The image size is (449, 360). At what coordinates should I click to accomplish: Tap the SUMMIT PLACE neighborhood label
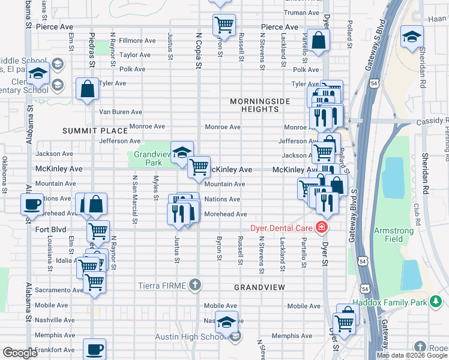[95, 130]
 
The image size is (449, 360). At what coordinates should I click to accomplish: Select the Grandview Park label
[148, 158]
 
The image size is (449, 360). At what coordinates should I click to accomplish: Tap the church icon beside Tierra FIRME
[194, 284]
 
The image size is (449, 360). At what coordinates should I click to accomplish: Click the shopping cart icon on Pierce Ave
[223, 25]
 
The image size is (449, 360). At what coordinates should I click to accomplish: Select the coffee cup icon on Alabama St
[31, 204]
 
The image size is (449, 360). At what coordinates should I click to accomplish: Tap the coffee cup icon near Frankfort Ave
[94, 349]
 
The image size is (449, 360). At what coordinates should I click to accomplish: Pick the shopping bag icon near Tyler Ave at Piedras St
[87, 89]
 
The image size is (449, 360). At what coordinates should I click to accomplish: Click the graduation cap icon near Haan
[412, 37]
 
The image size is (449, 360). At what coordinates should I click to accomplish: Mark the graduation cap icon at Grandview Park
[181, 152]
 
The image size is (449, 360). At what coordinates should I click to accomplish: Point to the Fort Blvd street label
[50, 229]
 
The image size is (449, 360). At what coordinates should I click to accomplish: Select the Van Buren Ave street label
[120, 112]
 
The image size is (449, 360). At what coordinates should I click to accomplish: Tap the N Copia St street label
[199, 51]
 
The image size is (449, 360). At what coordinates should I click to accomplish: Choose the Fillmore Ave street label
[137, 41]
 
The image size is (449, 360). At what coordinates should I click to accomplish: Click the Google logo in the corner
[20, 353]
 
